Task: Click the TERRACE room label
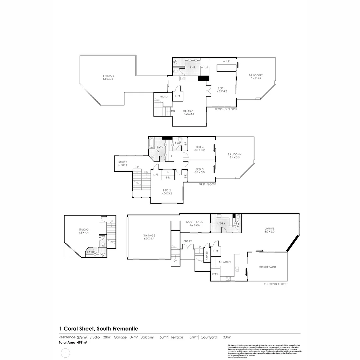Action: (x=108, y=76)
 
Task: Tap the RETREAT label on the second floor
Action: (x=189, y=111)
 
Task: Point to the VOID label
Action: (x=164, y=97)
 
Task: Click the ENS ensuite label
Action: (x=192, y=68)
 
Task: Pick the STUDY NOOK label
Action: (x=123, y=164)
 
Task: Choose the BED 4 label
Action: (x=200, y=147)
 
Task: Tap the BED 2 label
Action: (x=167, y=190)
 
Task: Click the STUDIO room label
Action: (x=83, y=229)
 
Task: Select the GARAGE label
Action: (x=149, y=236)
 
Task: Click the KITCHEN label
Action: (x=225, y=262)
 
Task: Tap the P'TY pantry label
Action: (x=215, y=274)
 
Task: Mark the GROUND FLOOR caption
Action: (x=276, y=284)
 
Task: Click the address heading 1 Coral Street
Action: (x=98, y=329)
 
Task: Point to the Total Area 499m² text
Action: (x=73, y=342)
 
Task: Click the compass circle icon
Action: (x=65, y=353)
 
